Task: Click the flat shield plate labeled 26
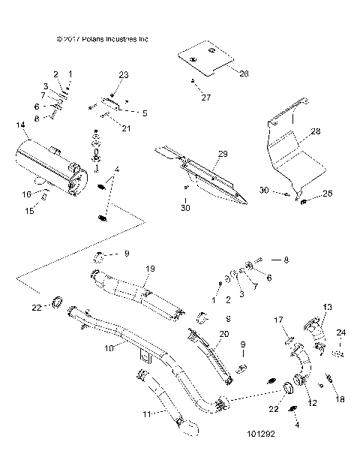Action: [205, 59]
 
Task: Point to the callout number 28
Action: [315, 131]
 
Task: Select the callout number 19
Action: [149, 268]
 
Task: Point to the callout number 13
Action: [326, 308]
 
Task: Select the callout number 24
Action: [342, 332]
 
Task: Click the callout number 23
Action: [124, 75]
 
